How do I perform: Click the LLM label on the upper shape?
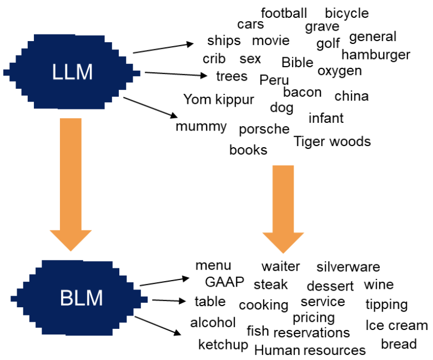point(72,73)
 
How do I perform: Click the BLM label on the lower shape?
point(81,298)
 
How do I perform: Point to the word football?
point(284,13)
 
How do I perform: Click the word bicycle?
point(346,13)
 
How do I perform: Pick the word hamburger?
point(375,54)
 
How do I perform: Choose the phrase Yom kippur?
point(219,99)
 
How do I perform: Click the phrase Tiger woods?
point(332,142)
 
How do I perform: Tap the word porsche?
point(264,129)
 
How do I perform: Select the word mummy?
point(201,127)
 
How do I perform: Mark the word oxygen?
point(339,71)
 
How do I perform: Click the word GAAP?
point(224,282)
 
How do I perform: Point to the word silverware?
point(348,267)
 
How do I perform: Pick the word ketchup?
point(223,345)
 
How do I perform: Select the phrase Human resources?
point(310,351)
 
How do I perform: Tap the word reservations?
point(311,333)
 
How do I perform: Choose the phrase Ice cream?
point(396,326)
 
